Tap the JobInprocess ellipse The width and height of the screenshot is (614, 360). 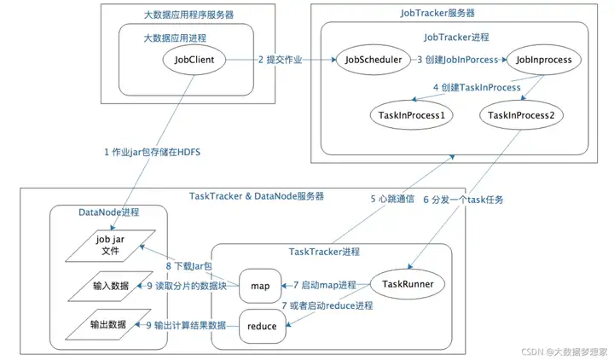(x=542, y=61)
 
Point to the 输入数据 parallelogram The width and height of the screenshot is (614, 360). (x=108, y=284)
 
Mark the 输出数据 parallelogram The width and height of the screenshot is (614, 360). (x=108, y=324)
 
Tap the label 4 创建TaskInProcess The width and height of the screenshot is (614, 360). (x=477, y=87)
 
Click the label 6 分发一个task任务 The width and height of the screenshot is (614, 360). (x=464, y=200)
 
